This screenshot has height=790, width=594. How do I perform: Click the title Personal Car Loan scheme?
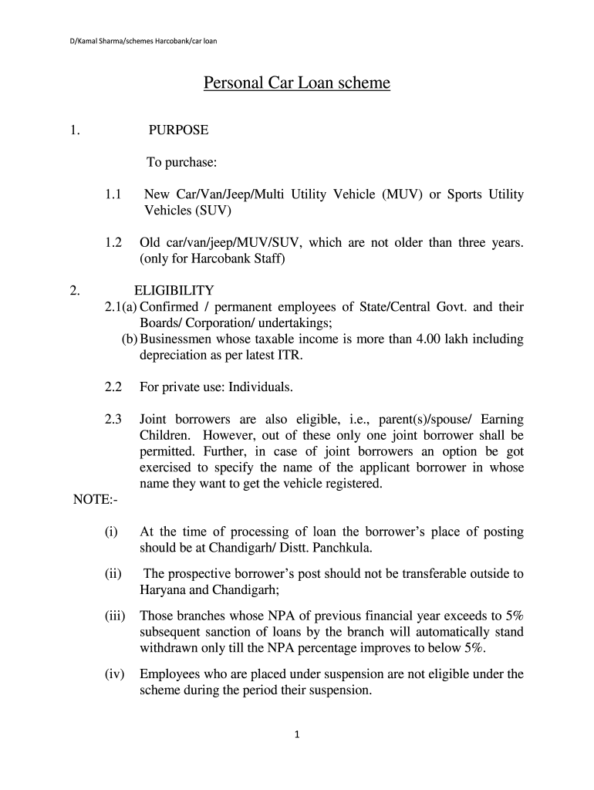coord(297,83)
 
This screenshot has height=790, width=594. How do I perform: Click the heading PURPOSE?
coord(178,130)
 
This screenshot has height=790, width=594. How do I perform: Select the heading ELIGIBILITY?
coord(174,290)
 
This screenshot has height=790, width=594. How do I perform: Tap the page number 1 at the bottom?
coord(297,734)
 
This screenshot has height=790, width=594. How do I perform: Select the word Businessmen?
coord(177,339)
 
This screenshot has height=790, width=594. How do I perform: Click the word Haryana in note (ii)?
coord(162,590)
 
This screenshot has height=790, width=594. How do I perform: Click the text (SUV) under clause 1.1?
coord(210,210)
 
